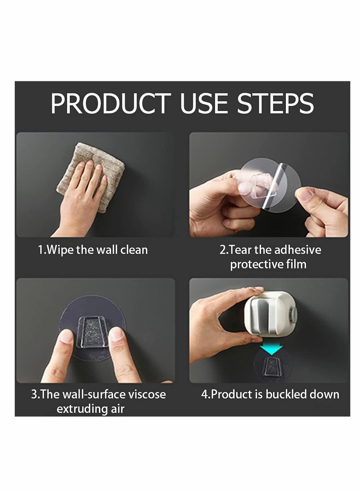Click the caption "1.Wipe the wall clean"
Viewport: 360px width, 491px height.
point(92,250)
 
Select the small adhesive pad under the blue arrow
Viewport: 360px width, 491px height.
point(272,366)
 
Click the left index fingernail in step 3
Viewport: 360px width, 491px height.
point(67,336)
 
